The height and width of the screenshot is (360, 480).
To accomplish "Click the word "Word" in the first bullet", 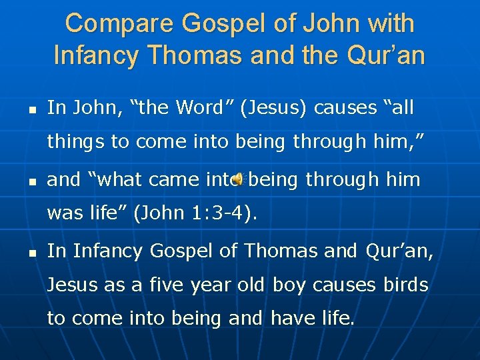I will pos(199,107).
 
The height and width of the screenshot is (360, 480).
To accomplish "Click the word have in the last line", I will pos(291,318).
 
